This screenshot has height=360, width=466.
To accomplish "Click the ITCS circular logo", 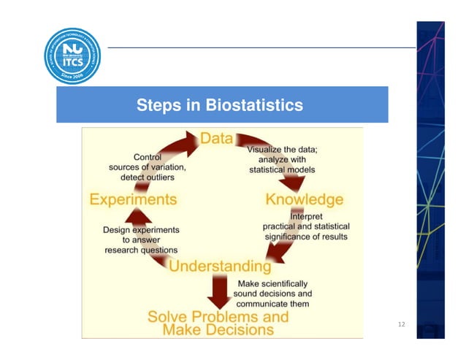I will [72, 55].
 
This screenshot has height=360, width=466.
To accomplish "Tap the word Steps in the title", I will [157, 105].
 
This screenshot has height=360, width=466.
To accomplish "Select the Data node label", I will [217, 139].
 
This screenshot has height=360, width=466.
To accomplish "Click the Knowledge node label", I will [304, 199].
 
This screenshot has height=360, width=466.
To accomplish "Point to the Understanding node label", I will [220, 266].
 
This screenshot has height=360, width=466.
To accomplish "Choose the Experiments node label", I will [133, 199].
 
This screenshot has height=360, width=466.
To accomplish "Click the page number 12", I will [401, 323].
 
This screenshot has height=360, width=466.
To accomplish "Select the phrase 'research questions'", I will [141, 250].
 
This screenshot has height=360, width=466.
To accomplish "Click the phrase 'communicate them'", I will [272, 303].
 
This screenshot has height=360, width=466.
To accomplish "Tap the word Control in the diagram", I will [148, 156].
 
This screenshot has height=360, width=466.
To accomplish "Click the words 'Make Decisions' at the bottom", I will [218, 330].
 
